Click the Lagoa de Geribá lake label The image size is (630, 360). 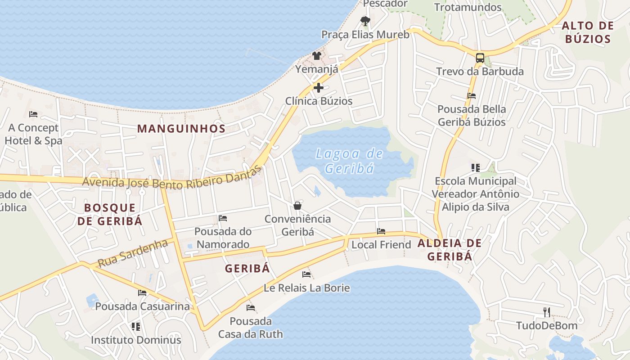[x=349, y=161]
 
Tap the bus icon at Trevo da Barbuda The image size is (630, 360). [x=480, y=58]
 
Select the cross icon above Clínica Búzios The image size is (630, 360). [x=319, y=88]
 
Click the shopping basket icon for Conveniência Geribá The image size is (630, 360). [x=297, y=206]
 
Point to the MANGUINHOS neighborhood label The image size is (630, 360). [x=181, y=129]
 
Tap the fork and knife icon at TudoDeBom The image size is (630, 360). [x=547, y=312]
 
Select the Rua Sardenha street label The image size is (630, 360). [x=133, y=253]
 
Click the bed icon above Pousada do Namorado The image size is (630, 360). [x=222, y=218]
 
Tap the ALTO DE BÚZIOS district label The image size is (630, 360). [x=588, y=32]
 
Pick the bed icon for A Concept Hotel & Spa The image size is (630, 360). [x=33, y=114]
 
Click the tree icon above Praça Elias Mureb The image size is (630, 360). [x=365, y=21]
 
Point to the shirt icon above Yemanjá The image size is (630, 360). [x=317, y=56]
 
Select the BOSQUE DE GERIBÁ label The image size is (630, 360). [x=110, y=214]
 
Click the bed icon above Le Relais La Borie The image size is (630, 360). [x=306, y=274]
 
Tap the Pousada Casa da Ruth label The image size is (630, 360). [x=251, y=328]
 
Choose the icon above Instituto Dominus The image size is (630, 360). [x=136, y=326]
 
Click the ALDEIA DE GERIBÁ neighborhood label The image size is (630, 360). [x=450, y=250]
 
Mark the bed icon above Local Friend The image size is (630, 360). [x=381, y=231]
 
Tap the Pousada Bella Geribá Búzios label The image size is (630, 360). [x=472, y=115]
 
